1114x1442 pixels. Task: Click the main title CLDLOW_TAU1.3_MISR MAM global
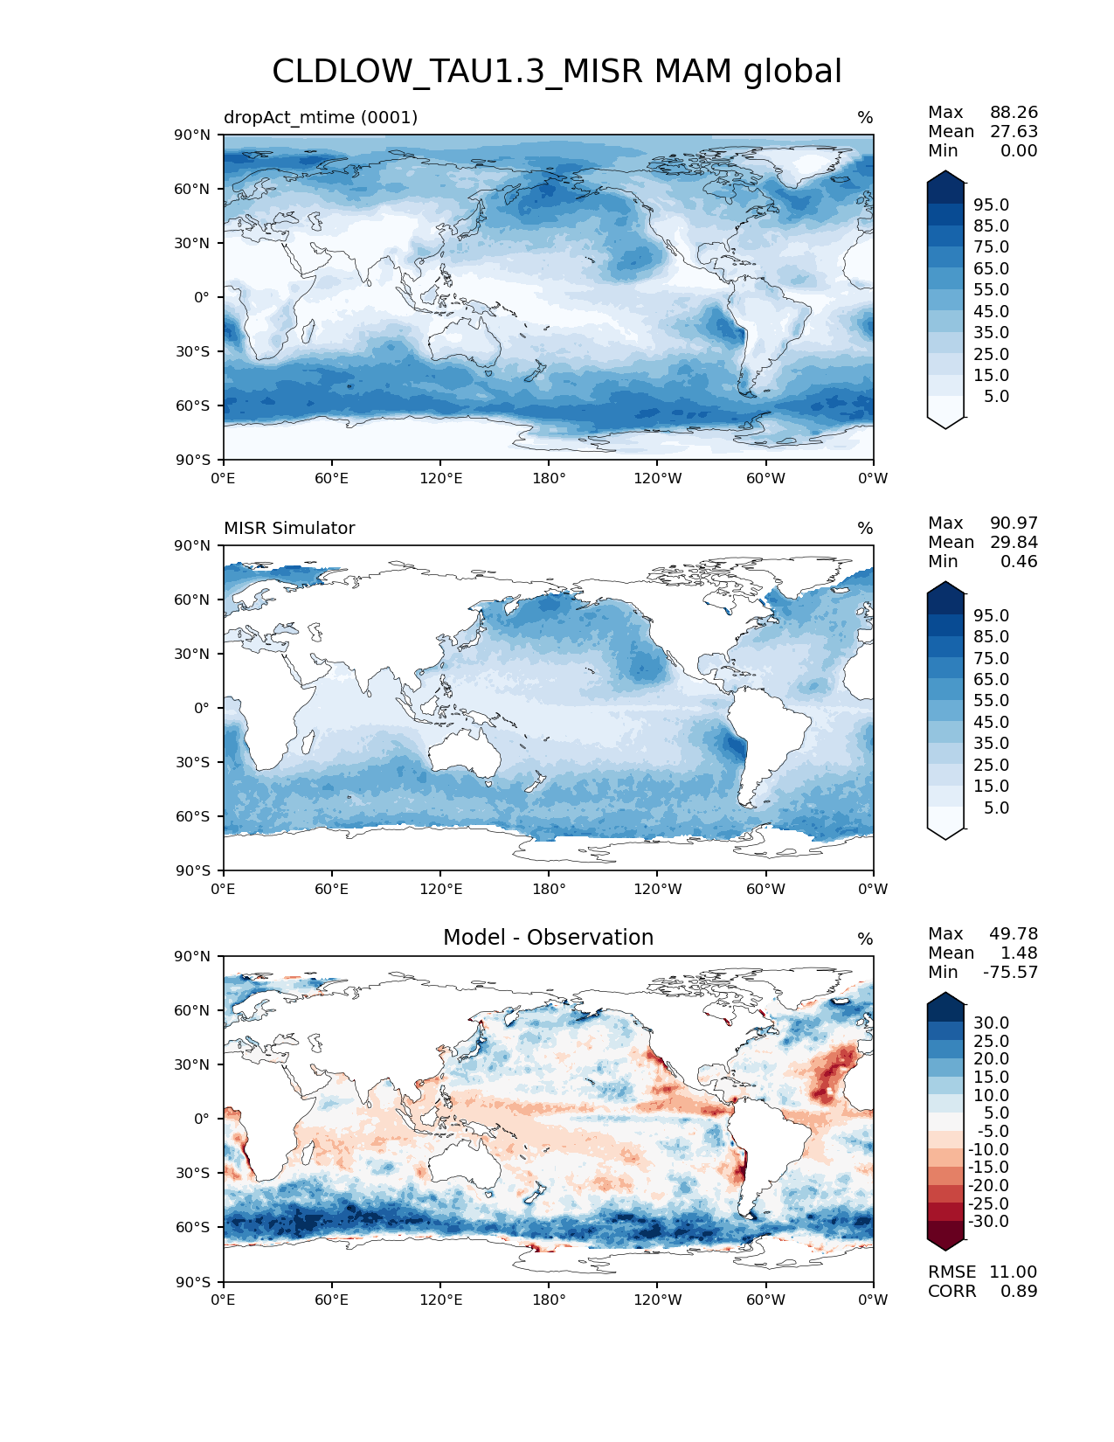coord(557,72)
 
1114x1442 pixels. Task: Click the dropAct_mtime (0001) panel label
coord(321,117)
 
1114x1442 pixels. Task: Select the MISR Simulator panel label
coord(289,528)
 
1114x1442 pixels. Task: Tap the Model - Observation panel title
coord(548,938)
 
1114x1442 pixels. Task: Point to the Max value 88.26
coord(1014,113)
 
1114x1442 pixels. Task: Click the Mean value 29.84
coord(1014,543)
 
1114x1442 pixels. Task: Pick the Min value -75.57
coord(1010,973)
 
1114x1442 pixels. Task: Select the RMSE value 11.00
coord(1013,1272)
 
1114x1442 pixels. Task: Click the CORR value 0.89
coord(1019,1292)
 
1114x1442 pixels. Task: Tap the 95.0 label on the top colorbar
coord(991,205)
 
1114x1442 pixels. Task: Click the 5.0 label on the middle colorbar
coord(996,808)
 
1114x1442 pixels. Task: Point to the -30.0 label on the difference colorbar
coord(988,1222)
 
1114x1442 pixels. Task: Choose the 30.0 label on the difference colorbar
coord(991,1023)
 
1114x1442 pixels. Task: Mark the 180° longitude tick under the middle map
coord(549,890)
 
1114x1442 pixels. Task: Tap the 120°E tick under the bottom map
coord(440,1300)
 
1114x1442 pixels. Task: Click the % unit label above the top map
coord(865,118)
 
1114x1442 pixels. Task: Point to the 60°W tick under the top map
coord(765,479)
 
